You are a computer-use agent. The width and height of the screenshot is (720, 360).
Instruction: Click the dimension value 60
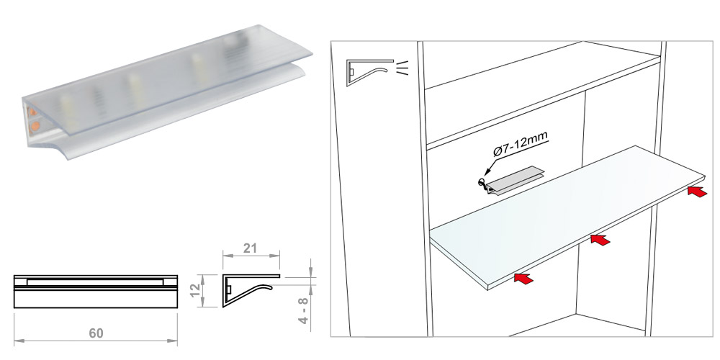point(96,333)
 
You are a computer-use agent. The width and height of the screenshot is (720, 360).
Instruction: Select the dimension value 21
point(250,248)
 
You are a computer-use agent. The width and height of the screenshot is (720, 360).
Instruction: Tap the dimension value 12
point(195,290)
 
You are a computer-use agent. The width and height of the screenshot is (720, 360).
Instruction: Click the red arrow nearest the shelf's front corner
point(524,278)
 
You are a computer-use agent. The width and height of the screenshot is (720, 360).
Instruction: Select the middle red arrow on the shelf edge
point(600,239)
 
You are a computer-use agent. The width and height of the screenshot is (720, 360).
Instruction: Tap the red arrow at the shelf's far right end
point(697,191)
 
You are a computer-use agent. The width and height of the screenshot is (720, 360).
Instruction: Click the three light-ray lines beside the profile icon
point(402,67)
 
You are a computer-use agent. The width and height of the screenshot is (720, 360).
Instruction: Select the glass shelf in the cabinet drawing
point(567,217)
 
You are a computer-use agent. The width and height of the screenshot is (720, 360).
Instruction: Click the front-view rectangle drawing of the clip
point(96,291)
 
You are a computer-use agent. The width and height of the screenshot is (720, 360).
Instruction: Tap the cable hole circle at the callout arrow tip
point(482,182)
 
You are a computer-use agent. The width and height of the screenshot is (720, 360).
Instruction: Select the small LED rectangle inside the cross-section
point(228,289)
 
